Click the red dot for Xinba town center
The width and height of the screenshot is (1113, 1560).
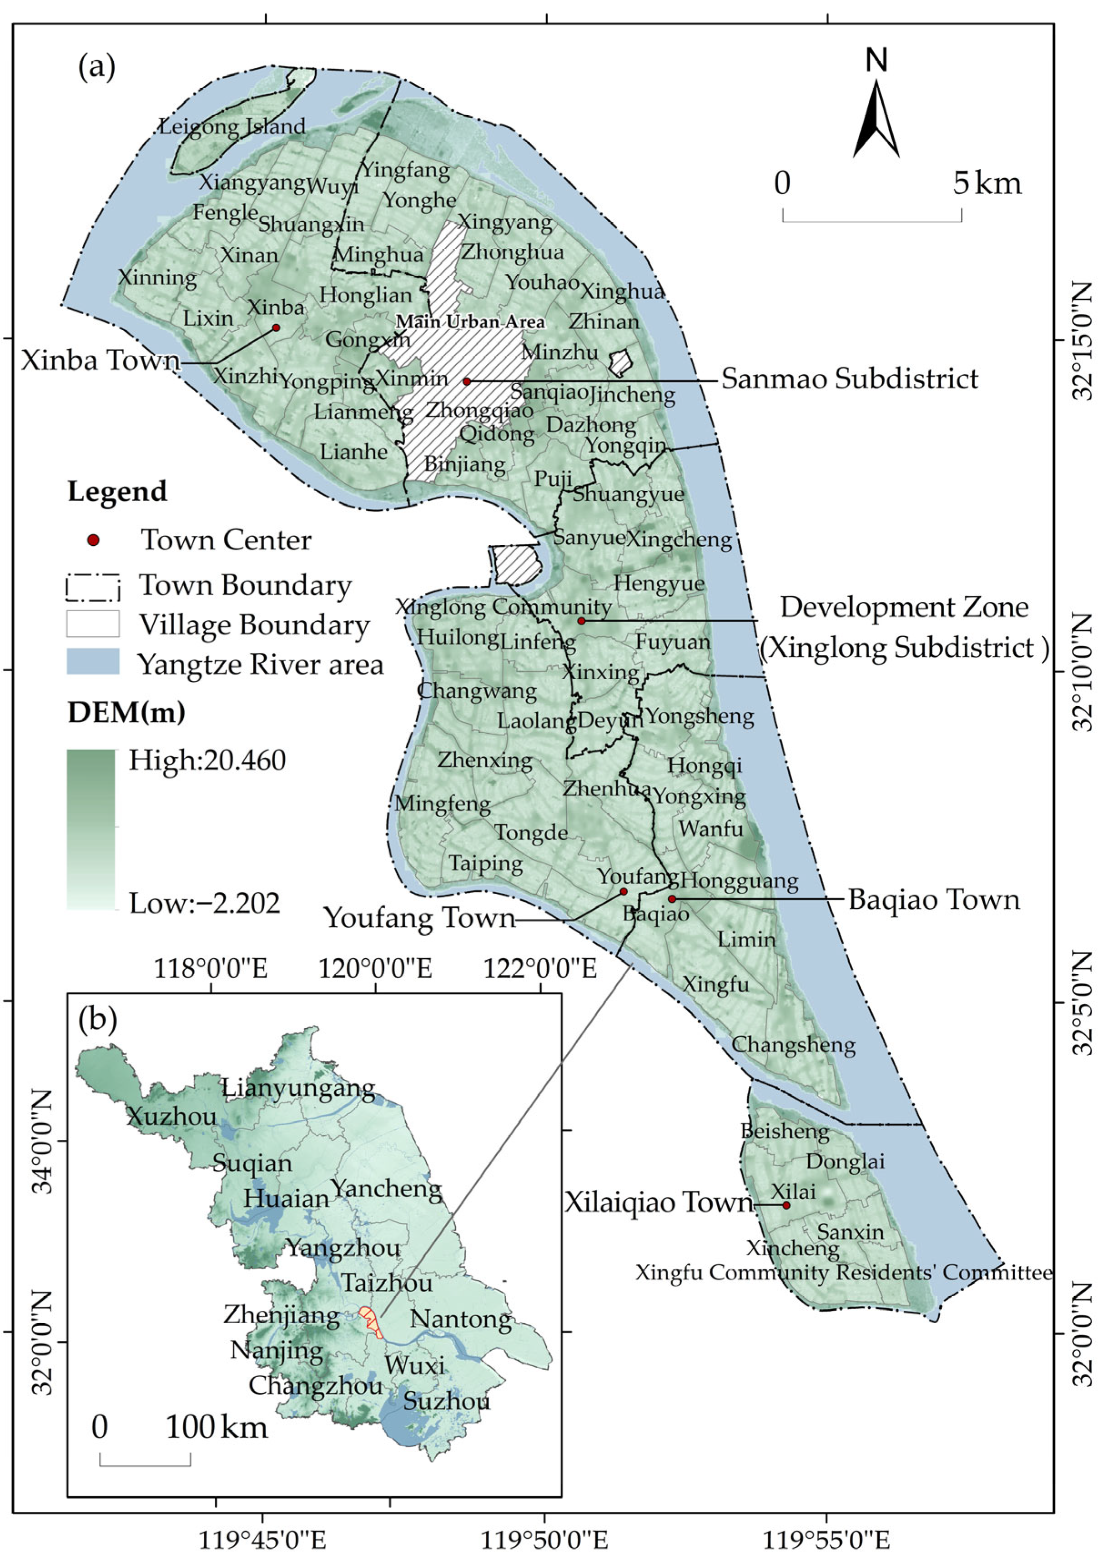pos(276,327)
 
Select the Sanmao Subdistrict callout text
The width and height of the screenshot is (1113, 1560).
pos(849,379)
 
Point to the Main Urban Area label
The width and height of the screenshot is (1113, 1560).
pos(470,321)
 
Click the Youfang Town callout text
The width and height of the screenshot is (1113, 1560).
pos(419,918)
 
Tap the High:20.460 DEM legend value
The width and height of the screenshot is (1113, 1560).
pos(207,760)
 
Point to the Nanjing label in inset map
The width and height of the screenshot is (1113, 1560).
pos(277,1350)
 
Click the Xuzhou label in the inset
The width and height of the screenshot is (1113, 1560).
pos(171,1116)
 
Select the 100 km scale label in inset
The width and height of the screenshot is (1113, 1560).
pos(217,1427)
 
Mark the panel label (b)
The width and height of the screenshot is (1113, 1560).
pos(97,1019)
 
